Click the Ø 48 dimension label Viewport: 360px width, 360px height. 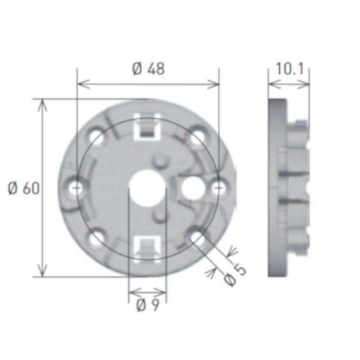[x=148, y=69]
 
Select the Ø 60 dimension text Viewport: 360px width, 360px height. [x=23, y=188]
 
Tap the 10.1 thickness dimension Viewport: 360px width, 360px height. [x=289, y=69]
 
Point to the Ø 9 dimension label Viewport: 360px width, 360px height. [x=147, y=306]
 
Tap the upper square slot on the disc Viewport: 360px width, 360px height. [x=147, y=128]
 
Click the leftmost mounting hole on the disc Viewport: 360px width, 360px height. [x=76, y=188]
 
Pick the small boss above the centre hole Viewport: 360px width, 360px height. [x=159, y=161]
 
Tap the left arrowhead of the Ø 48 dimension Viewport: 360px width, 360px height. [x=82, y=83]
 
